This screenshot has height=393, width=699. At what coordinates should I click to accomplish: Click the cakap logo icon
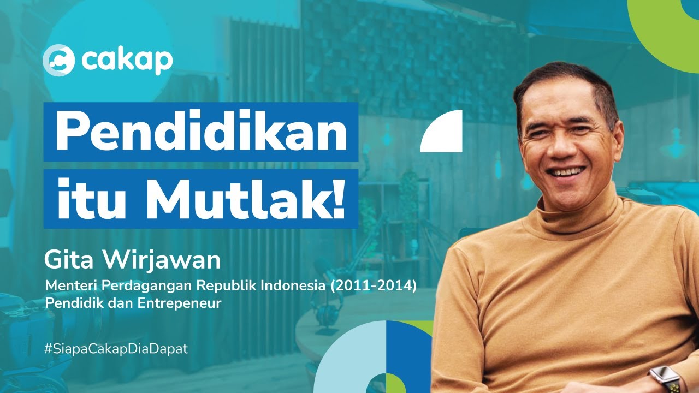tap(58, 60)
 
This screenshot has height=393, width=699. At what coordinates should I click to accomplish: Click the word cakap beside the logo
tap(127, 61)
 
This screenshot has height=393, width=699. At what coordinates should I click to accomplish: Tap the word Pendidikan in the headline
tap(201, 133)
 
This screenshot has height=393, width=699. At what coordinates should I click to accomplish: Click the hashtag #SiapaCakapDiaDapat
tap(116, 349)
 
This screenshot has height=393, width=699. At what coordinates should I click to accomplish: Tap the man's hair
tap(568, 82)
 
